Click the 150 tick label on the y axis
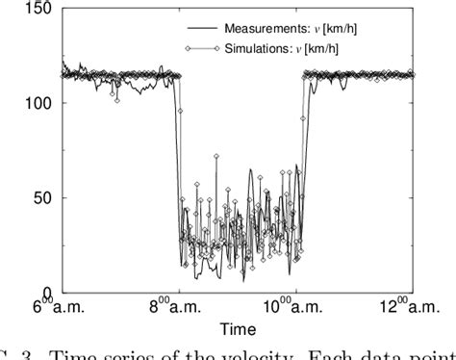pos(37,10)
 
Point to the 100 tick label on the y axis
pos(37,104)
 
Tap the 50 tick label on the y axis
pos(42,198)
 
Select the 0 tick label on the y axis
pos(48,292)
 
